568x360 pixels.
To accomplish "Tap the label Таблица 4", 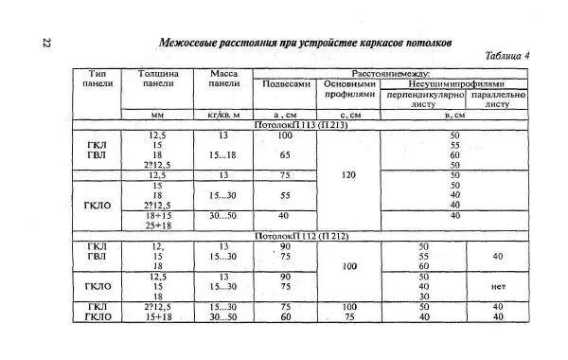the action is point(506,57).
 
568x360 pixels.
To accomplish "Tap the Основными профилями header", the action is point(349,89).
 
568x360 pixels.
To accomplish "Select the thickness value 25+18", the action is point(158,225).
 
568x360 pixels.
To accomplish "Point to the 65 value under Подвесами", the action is point(284,154).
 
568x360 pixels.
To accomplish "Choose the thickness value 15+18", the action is point(158,316).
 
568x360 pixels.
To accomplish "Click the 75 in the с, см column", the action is point(349,316).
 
